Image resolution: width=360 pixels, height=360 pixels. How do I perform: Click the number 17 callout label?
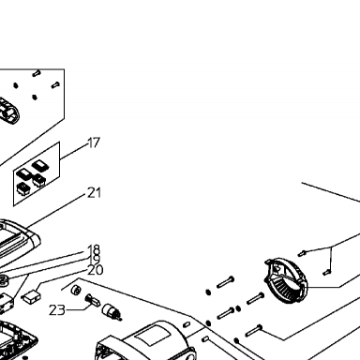coord(94,142)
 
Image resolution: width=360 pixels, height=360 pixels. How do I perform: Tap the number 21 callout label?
coord(95,193)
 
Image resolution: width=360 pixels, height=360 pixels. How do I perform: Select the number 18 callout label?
coord(94,249)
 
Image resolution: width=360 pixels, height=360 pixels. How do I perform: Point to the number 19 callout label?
coord(94,259)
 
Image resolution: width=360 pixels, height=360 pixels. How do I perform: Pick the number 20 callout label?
coord(95,270)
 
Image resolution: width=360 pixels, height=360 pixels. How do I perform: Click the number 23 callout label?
coord(57,310)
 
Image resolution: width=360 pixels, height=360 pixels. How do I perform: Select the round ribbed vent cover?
coord(286,280)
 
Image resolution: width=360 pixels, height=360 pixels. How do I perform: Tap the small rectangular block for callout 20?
coord(31,296)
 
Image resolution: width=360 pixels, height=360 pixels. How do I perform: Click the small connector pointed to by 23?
coord(93,300)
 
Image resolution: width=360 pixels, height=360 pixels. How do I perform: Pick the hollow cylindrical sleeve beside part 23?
coord(76,290)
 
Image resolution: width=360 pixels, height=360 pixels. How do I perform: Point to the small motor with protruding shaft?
coord(112,312)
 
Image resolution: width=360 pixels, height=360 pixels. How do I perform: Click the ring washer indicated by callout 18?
coord(3,280)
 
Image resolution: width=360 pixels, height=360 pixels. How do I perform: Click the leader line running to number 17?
coord(74,152)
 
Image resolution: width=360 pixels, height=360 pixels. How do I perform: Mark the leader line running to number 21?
coord(55,211)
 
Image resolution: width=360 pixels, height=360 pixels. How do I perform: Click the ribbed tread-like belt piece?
coord(7,112)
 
